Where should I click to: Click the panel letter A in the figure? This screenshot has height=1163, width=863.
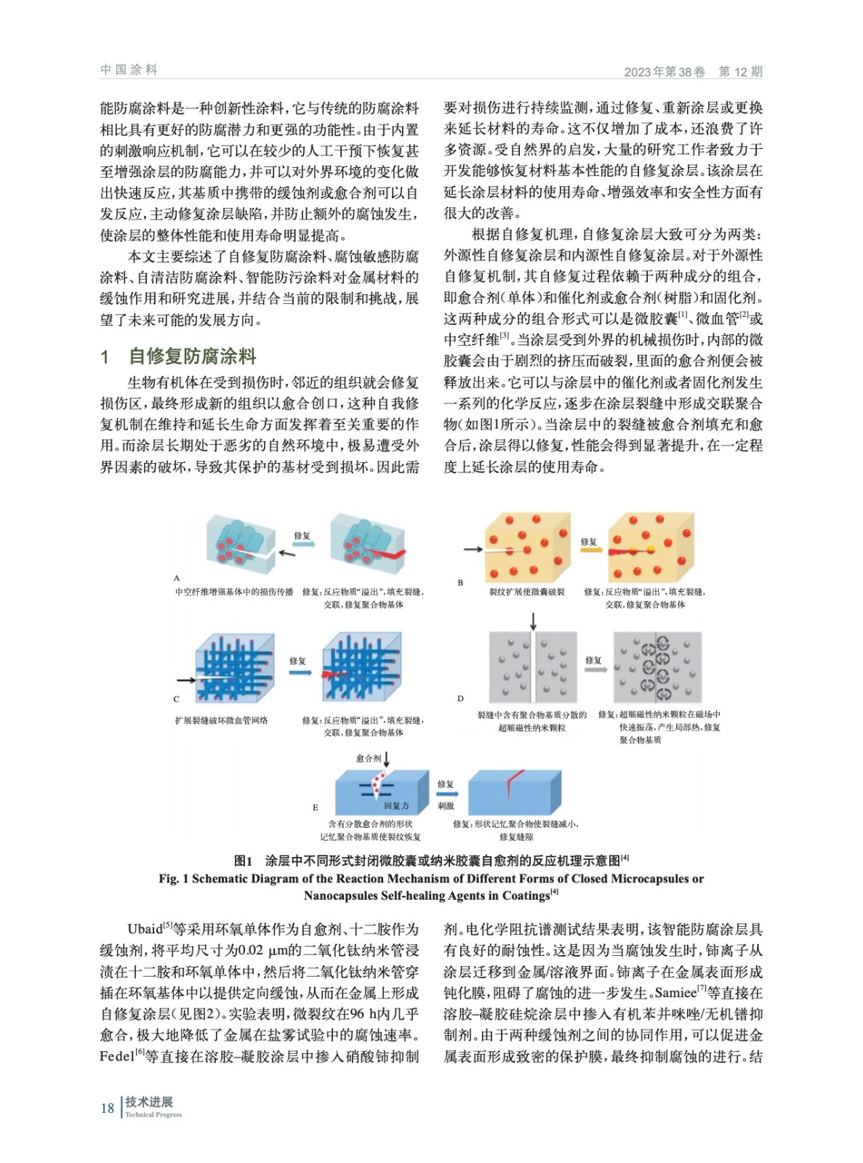tap(177, 578)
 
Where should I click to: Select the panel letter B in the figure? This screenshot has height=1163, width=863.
tap(460, 582)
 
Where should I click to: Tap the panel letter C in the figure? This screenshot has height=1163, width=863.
tap(176, 699)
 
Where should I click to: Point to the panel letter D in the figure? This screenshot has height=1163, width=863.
tap(460, 699)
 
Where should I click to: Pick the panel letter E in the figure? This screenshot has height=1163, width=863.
tap(316, 807)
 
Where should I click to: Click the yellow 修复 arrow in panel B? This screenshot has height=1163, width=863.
tap(590, 551)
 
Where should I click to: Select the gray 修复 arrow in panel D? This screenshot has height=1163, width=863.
tap(595, 669)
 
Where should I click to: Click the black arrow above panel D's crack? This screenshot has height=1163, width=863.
tap(533, 621)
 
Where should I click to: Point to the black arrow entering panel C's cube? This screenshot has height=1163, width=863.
tap(186, 680)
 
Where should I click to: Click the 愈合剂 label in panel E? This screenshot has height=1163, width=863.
tap(369, 758)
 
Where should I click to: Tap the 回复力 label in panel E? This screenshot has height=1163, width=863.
tap(396, 805)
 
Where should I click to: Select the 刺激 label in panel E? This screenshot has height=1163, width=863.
tap(446, 805)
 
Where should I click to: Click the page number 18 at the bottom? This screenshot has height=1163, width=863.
tap(108, 1108)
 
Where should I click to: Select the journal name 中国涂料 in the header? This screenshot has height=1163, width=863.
tap(129, 70)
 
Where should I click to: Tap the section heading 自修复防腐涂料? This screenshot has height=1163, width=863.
tap(193, 356)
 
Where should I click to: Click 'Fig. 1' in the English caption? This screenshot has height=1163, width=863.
tap(173, 878)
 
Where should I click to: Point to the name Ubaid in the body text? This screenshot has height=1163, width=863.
tap(145, 929)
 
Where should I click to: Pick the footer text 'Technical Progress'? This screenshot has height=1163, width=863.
tap(153, 1114)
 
